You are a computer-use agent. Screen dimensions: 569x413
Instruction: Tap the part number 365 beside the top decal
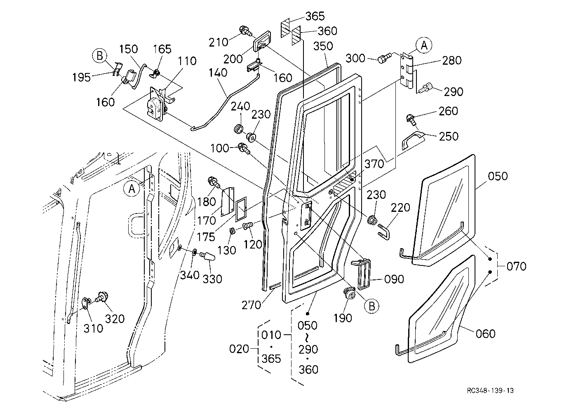315,16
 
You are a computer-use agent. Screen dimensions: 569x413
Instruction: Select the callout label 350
323,46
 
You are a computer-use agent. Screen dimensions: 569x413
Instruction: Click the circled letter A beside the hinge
424,45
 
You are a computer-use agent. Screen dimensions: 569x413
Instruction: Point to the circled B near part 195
100,56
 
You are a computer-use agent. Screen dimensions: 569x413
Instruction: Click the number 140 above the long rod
218,73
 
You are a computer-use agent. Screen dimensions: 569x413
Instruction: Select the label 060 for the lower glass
485,334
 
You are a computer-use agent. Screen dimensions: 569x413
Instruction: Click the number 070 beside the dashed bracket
516,266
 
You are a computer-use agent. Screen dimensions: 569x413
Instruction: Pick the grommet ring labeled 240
239,129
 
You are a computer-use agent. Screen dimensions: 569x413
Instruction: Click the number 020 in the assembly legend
239,349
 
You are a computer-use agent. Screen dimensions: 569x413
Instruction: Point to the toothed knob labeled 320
102,297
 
